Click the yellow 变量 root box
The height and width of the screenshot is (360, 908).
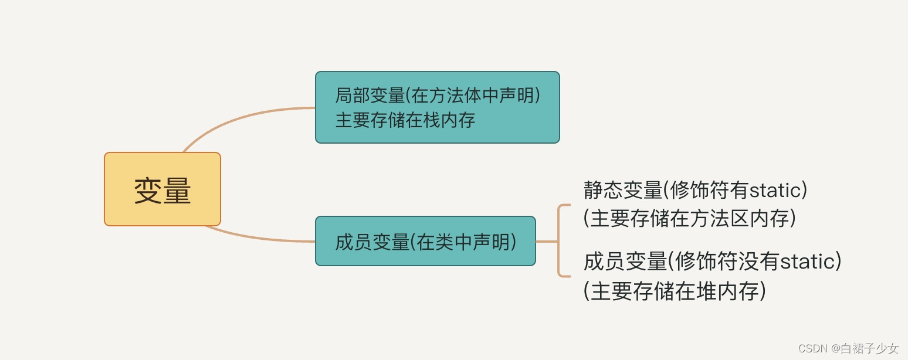click(162, 189)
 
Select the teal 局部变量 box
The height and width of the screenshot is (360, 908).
click(437, 107)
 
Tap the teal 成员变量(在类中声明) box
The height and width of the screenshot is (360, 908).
click(425, 241)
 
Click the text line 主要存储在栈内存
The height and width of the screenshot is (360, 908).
click(405, 120)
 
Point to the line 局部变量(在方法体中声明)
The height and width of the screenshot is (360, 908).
click(437, 95)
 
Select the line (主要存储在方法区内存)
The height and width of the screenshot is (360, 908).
click(690, 218)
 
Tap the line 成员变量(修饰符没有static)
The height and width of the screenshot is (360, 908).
click(713, 261)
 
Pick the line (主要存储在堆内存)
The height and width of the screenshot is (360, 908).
click(675, 291)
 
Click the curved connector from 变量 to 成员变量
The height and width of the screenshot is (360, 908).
click(258, 238)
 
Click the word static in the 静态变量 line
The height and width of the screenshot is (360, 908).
click(774, 191)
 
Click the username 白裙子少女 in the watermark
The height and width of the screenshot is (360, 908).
click(870, 348)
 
